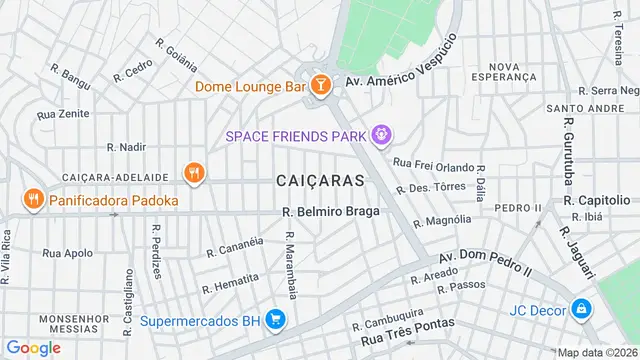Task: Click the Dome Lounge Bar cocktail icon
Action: (321, 86)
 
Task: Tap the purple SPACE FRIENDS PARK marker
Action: (380, 134)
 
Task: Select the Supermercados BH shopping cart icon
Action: (276, 321)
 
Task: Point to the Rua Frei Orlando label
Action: (430, 160)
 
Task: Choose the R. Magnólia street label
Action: (441, 220)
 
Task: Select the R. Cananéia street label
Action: (235, 246)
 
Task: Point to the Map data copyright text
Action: (597, 352)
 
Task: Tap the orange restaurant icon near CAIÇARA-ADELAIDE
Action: (194, 173)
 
